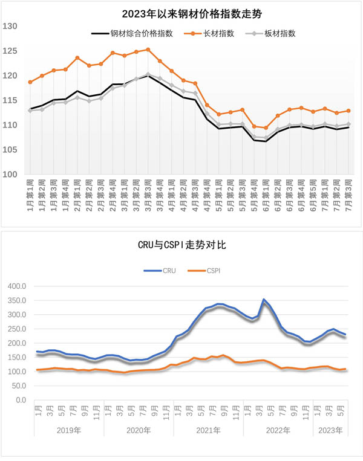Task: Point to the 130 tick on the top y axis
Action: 10,26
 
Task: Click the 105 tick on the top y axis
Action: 10,150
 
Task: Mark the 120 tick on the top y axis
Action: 10,76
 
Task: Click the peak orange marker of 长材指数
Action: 148,50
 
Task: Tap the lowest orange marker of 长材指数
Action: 266,128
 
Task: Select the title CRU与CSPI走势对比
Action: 181,244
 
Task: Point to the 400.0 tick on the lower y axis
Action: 16,286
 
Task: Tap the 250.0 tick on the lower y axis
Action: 16,329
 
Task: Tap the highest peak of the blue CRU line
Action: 264,299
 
